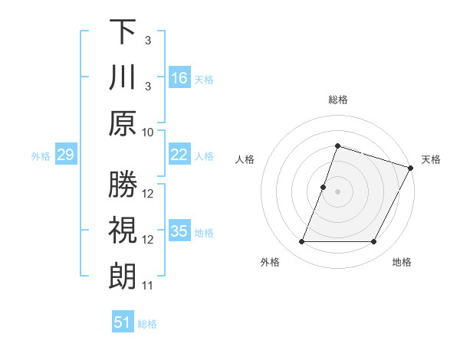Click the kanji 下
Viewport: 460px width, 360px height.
[x=123, y=33]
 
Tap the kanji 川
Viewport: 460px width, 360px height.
[x=123, y=77]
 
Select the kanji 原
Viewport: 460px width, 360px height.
[x=123, y=123]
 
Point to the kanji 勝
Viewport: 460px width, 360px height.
[x=123, y=185]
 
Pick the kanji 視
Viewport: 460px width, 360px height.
[x=123, y=231]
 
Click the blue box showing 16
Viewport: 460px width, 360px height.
[x=179, y=78]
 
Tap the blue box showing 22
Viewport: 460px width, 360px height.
[x=179, y=155]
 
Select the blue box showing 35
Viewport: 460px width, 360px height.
[x=179, y=231]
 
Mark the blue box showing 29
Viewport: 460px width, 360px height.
[x=65, y=155]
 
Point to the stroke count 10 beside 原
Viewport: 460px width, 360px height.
[x=148, y=132]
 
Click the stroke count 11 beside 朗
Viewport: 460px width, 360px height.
[x=148, y=286]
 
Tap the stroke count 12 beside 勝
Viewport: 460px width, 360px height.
[x=148, y=195]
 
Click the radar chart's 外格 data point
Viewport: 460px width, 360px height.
[x=301, y=242]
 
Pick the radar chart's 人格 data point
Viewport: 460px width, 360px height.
[x=324, y=187]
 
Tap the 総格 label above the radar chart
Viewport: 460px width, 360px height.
[x=338, y=100]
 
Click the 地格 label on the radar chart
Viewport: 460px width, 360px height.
[x=402, y=263]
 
